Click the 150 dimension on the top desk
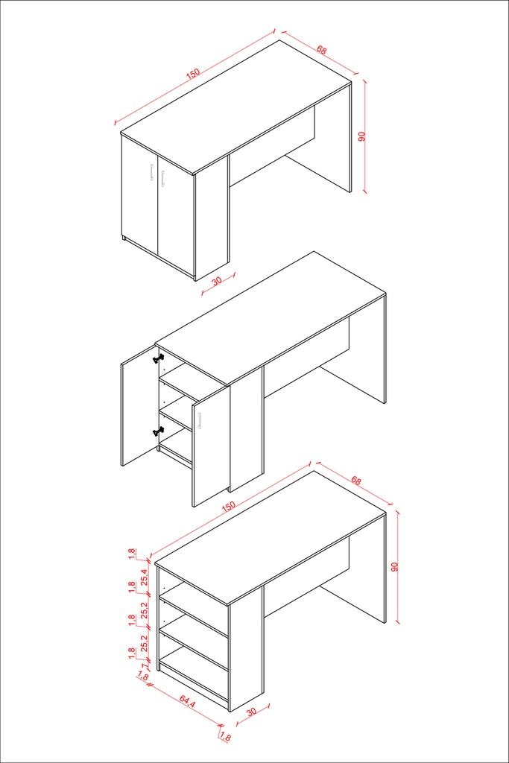coord(193,74)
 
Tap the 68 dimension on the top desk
coord(322,50)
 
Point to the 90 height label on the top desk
coord(361,137)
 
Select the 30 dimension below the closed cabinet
coord(217,281)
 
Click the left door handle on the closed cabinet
coord(152,173)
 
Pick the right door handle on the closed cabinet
coord(162,178)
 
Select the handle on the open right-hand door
coord(200,422)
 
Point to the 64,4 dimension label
coord(187,702)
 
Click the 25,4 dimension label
coord(144,577)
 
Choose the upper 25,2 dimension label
coord(144,610)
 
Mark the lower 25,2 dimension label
coord(144,643)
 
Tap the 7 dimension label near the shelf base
coord(144,666)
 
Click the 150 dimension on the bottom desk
coord(228,506)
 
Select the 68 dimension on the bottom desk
coord(356,481)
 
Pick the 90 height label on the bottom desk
coord(395,567)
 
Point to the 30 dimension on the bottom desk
coord(251,712)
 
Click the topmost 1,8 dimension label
coord(132,554)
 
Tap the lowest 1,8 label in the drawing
coord(225,737)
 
